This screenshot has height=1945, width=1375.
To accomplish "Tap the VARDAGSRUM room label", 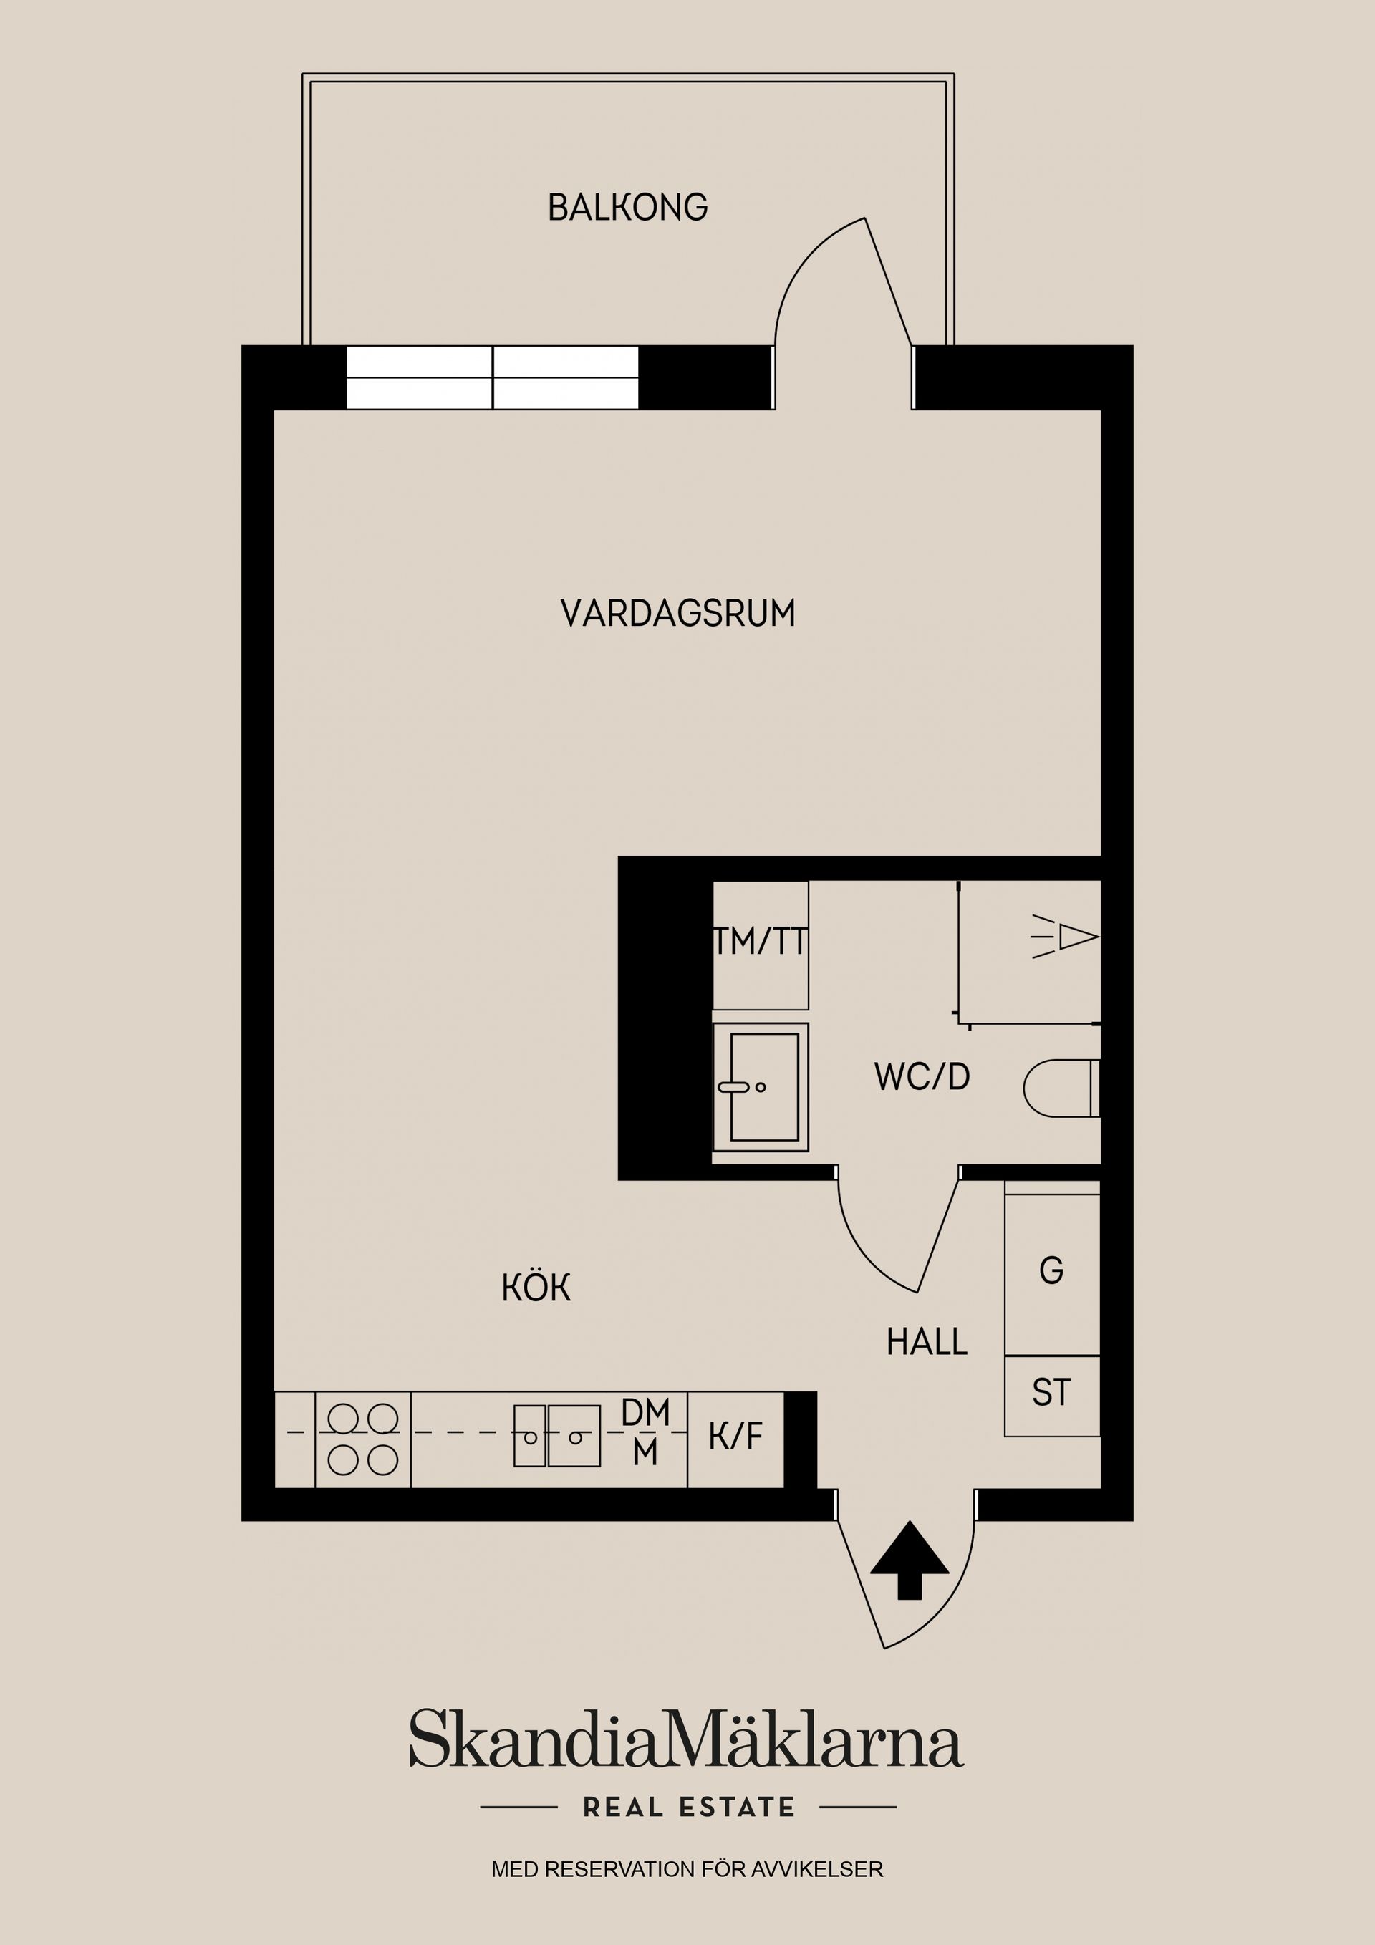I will pyautogui.click(x=677, y=613).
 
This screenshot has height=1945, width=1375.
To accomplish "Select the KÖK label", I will pyautogui.click(x=536, y=1288).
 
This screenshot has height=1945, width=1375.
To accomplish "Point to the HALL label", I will pyautogui.click(x=926, y=1343).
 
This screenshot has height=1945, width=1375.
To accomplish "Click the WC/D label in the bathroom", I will pyautogui.click(x=922, y=1078).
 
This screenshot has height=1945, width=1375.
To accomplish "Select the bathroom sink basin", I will pyautogui.click(x=761, y=1087).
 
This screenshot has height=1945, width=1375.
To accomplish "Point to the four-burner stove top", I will pyautogui.click(x=362, y=1439).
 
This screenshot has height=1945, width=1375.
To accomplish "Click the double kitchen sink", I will pyautogui.click(x=556, y=1437).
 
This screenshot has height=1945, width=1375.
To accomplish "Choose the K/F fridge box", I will pyautogui.click(x=735, y=1437).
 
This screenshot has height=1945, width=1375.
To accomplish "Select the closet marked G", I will pyautogui.click(x=1051, y=1270).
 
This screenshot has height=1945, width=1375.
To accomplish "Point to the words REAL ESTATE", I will pyautogui.click(x=689, y=1808).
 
